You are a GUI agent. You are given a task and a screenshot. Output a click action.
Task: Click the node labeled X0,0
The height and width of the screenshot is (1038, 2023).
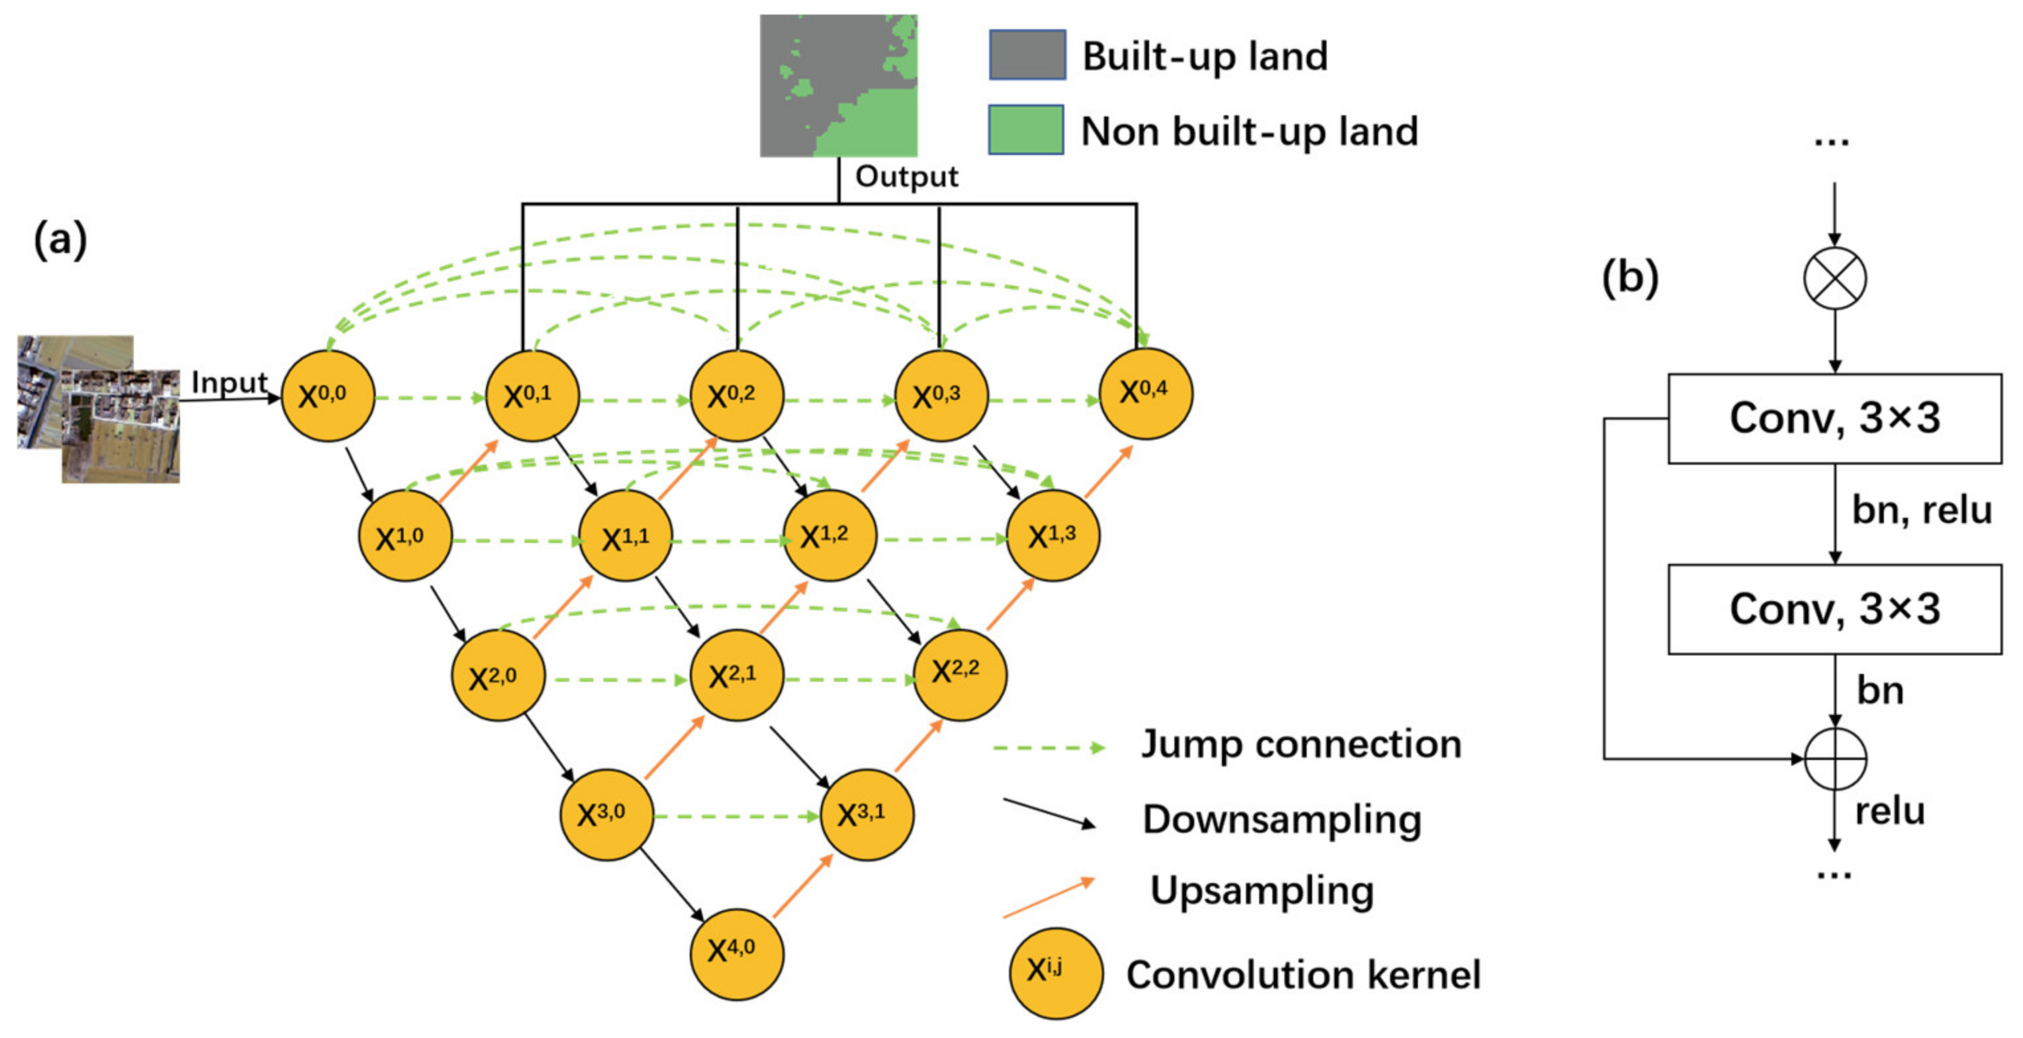(x=328, y=396)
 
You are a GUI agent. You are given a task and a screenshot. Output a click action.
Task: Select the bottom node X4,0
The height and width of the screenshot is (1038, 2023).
(x=736, y=953)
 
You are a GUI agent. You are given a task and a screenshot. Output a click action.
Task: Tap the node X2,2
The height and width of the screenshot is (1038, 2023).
(x=959, y=674)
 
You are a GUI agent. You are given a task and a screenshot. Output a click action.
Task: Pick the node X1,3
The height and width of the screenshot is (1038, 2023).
(x=1053, y=536)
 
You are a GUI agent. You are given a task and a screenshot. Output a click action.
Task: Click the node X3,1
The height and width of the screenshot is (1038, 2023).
(x=867, y=815)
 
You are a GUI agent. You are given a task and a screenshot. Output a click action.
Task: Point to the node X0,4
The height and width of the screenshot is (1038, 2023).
(x=1145, y=393)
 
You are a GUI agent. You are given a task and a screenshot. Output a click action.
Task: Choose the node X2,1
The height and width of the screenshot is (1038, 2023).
(x=736, y=675)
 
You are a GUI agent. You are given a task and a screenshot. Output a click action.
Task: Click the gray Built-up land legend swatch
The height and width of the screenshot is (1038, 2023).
(x=1027, y=55)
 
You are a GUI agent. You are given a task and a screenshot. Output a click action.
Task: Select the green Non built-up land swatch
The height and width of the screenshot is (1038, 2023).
(x=1025, y=130)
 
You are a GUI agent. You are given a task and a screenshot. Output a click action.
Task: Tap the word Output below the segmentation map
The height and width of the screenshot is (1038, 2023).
(x=906, y=177)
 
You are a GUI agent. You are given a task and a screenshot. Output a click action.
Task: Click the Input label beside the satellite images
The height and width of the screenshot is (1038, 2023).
(x=228, y=383)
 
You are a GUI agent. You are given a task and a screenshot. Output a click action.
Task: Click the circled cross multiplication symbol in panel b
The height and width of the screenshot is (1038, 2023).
(x=1834, y=278)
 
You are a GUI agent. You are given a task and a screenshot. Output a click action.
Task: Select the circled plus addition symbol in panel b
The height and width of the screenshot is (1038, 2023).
(x=1834, y=759)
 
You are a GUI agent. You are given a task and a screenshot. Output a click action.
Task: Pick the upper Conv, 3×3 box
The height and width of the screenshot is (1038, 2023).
(x=1834, y=418)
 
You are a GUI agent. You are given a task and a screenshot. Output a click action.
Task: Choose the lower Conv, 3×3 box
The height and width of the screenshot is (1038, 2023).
(x=1834, y=608)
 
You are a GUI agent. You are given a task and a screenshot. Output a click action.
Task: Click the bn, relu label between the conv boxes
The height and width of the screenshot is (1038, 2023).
(x=1921, y=510)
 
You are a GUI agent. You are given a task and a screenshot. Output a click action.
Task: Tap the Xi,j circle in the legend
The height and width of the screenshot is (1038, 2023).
(x=1055, y=973)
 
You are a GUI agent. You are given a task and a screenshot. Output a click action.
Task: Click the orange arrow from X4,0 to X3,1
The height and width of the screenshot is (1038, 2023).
(x=802, y=886)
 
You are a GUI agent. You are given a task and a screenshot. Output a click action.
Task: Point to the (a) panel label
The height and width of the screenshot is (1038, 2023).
(x=60, y=240)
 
